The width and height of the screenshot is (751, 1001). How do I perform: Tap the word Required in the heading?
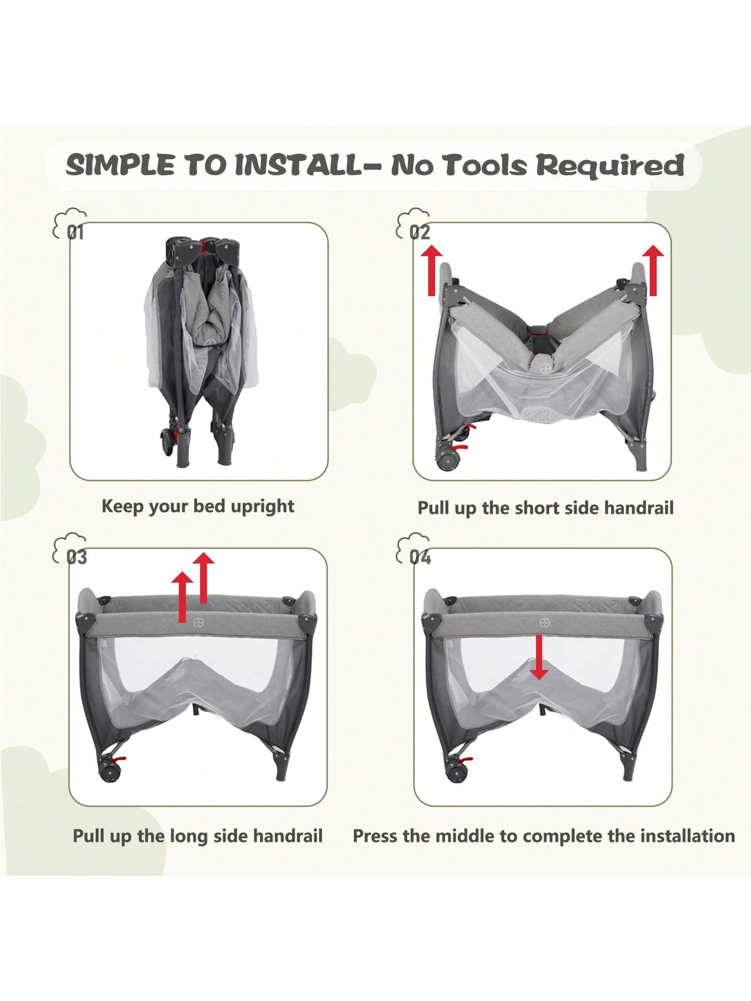pos(610,165)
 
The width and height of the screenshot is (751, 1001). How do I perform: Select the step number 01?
pos(75,232)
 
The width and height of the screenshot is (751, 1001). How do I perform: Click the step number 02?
pos(420,232)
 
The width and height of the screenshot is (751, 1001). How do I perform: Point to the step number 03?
pos(76,557)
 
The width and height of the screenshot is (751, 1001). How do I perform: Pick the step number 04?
pos(420,557)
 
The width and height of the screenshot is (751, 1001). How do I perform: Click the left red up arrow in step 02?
pos(432,272)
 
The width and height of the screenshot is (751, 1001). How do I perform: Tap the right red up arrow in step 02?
pos(653,270)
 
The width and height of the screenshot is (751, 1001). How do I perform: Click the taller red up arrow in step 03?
pos(203,578)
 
